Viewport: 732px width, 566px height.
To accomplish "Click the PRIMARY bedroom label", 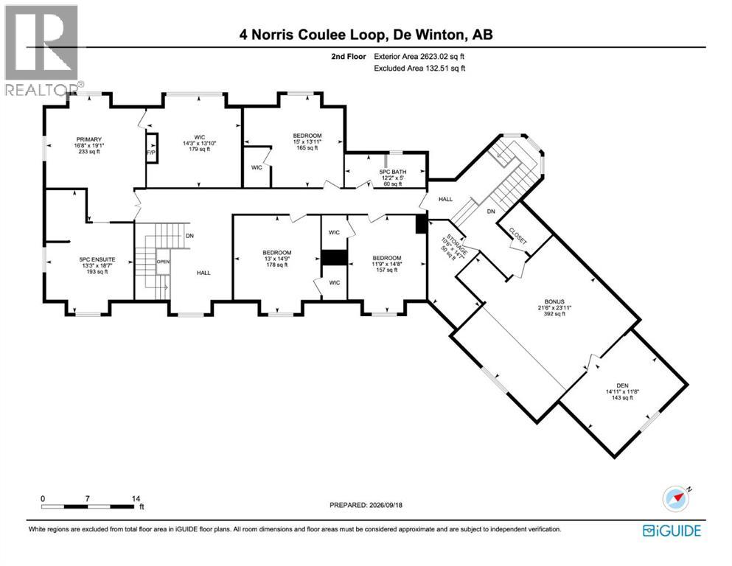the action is click(88, 145).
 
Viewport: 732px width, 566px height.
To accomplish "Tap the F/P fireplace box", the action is click(152, 148).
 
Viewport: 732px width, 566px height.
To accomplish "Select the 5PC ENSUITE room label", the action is click(97, 265).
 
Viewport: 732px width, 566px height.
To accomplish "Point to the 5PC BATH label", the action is click(393, 178).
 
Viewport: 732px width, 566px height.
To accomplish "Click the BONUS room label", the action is click(554, 307).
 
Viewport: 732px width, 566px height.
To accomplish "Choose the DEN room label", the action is click(622, 391).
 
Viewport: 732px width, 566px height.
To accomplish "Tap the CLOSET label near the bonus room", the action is click(517, 236).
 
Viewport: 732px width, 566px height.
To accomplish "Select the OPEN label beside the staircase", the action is click(163, 262).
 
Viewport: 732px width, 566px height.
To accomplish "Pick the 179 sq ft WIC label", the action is click(199, 143).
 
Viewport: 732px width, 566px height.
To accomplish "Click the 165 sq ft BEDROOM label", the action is click(307, 141).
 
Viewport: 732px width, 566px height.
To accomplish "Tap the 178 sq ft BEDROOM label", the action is click(277, 259).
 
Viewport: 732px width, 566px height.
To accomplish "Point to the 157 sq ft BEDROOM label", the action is click(386, 264).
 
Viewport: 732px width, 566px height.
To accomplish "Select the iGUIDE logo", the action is click(672, 531).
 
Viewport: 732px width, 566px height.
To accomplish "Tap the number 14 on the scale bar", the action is click(136, 498).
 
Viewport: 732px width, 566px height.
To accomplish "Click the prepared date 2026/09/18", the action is click(385, 505).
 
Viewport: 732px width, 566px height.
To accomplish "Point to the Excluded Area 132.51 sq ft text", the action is click(419, 68).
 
